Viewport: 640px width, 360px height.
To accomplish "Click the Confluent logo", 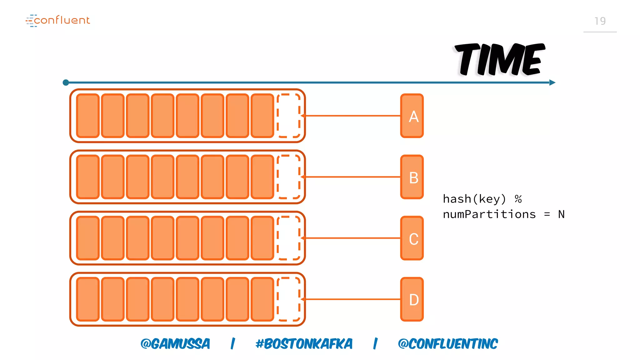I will pyautogui.click(x=58, y=20).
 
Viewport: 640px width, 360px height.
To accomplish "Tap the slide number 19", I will pyautogui.click(x=600, y=21).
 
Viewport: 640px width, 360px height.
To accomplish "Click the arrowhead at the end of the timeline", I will pyautogui.click(x=552, y=82).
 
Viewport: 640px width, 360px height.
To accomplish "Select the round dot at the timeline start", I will pyautogui.click(x=66, y=82).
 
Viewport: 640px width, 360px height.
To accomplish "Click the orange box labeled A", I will pyautogui.click(x=412, y=116).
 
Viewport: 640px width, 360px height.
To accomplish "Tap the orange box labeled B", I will pyautogui.click(x=412, y=177).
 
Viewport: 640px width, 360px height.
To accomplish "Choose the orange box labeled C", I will pyautogui.click(x=412, y=238).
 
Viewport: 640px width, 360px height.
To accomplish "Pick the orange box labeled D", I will pyautogui.click(x=412, y=299).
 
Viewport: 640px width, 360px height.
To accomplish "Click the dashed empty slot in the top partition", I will pyautogui.click(x=289, y=116).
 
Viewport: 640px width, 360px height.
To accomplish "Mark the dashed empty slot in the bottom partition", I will pyautogui.click(x=289, y=299).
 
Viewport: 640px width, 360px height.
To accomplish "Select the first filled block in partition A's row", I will pyautogui.click(x=88, y=116).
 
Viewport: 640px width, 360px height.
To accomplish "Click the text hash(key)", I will pyautogui.click(x=474, y=199).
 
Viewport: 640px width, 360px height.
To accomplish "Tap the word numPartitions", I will pyautogui.click(x=489, y=214).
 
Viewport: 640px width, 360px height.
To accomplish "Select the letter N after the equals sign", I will pyautogui.click(x=561, y=214).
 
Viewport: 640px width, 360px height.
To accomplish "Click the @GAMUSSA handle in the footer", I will pyautogui.click(x=175, y=344).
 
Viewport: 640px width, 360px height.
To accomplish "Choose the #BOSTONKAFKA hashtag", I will pyautogui.click(x=304, y=344).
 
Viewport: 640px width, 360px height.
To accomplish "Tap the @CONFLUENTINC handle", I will pyautogui.click(x=447, y=344).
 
